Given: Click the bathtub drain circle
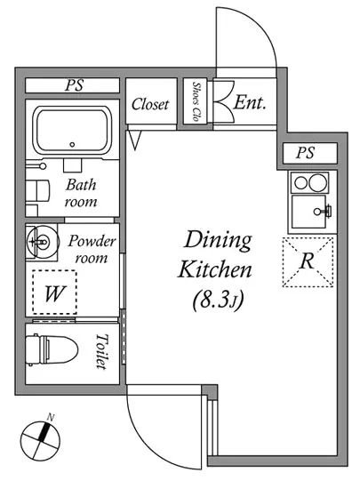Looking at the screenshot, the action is [72, 144].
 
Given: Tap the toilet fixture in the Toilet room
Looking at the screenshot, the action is [52, 349].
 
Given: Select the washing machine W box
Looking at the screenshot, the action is [54, 293].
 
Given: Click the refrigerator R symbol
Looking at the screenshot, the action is [308, 262].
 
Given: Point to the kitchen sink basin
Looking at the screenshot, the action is [308, 212].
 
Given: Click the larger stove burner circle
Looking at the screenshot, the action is [317, 182].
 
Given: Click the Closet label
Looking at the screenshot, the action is [150, 104].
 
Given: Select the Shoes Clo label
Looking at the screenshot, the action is [196, 101].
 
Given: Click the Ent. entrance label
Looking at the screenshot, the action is [250, 102].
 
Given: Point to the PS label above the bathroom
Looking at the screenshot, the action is [74, 85].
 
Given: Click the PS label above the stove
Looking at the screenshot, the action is [305, 153].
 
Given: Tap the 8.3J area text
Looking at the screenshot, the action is [218, 300].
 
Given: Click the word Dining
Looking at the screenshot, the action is [218, 241].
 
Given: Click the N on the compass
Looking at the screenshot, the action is [51, 417].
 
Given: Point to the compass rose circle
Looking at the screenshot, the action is [40, 441].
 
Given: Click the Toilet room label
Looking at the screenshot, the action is [102, 351].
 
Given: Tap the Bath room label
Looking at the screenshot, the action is [81, 193].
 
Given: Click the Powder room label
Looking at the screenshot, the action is [92, 249].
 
